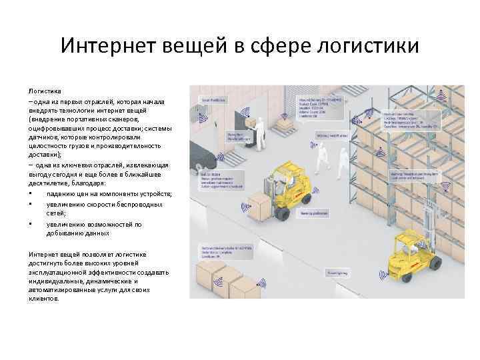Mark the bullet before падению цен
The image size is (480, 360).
point(31,193)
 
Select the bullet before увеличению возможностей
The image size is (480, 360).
point(31,224)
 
